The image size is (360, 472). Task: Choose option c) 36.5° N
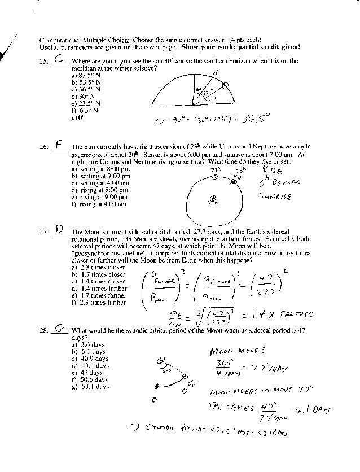click(86, 89)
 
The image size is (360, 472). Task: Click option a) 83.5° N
click(86, 75)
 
